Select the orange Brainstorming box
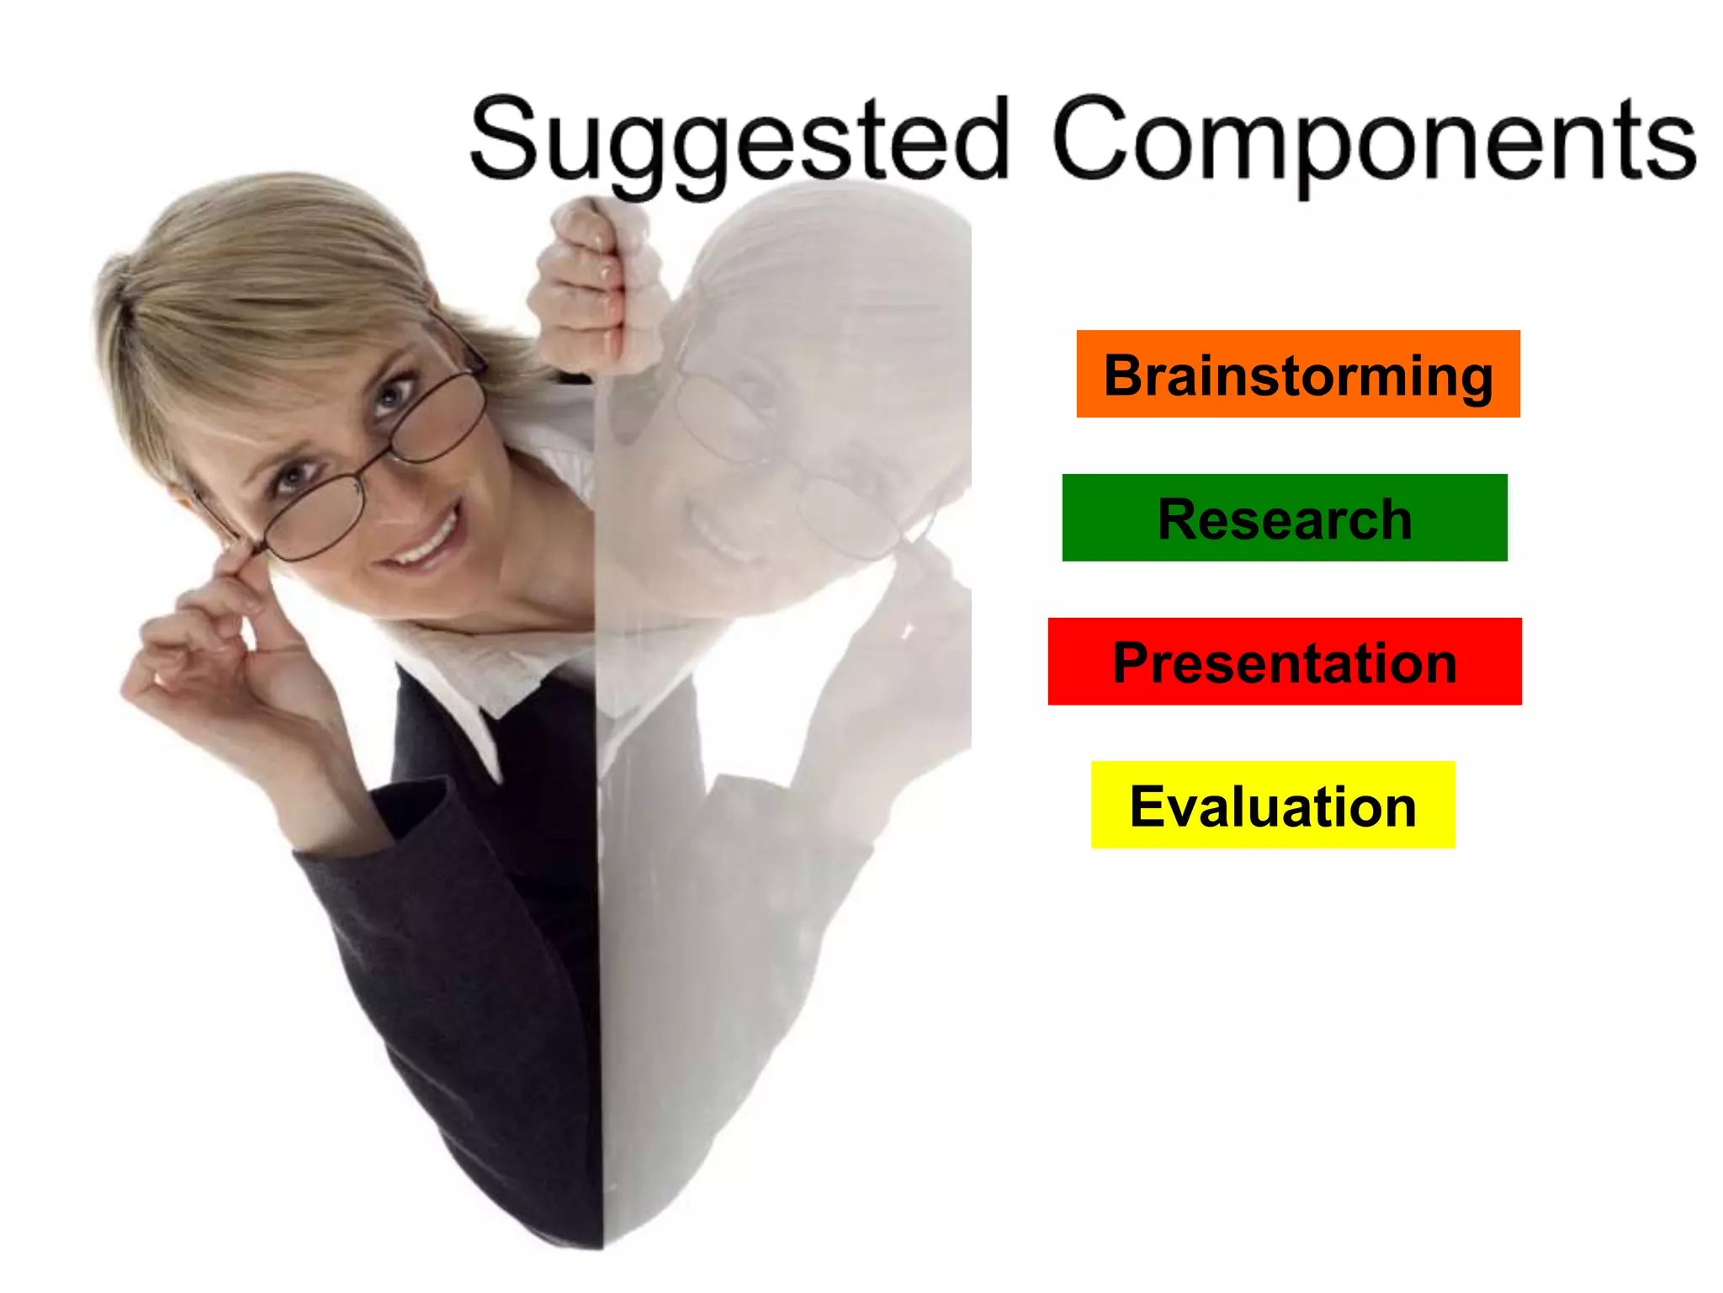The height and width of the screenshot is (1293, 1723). pyautogui.click(x=1297, y=374)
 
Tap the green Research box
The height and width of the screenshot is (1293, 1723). pyautogui.click(x=1284, y=518)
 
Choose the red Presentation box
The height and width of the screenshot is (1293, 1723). pyautogui.click(x=1284, y=662)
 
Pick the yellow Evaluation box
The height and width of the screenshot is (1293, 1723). pyautogui.click(x=1272, y=805)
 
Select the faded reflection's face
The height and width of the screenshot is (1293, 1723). pyautogui.click(x=757, y=471)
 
